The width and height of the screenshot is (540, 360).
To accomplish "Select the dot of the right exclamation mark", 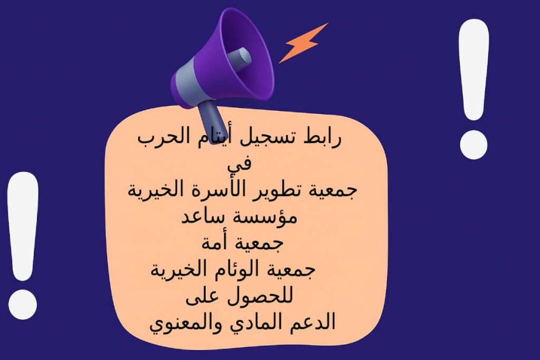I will click(474, 142).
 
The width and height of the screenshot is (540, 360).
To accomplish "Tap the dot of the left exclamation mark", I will click(23, 302).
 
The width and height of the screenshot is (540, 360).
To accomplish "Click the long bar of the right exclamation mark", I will click(474, 69).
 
